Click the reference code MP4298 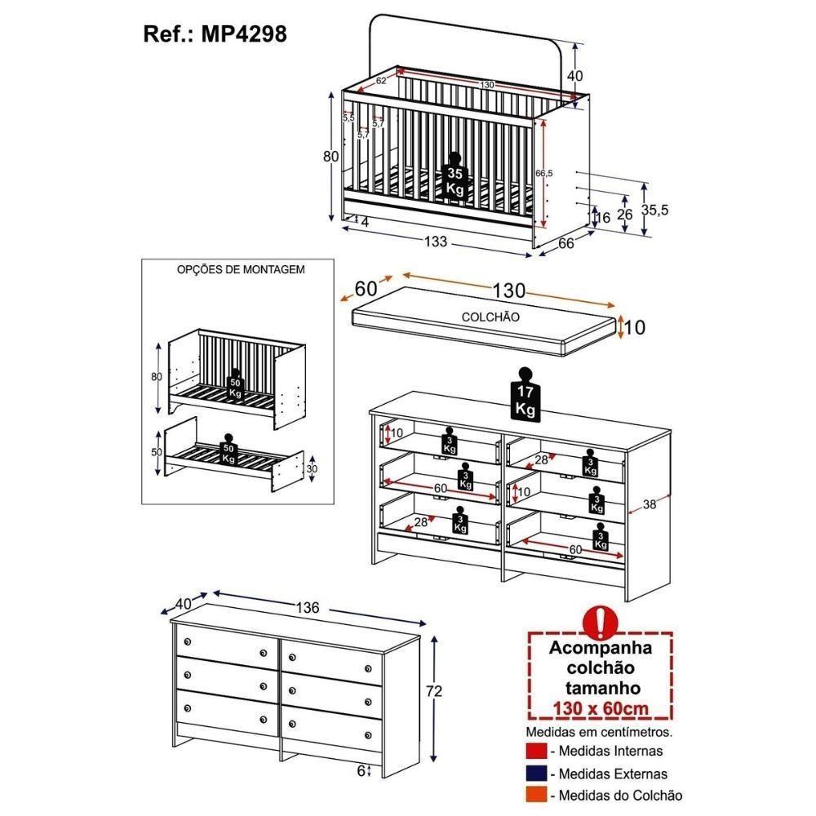[x=243, y=34]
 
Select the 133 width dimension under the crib [x=436, y=242]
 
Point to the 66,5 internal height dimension [x=544, y=173]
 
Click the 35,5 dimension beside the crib [x=654, y=211]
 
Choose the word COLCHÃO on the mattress [x=490, y=317]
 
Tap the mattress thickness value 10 [x=634, y=327]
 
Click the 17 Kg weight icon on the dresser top [x=525, y=394]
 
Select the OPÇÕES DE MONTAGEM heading [x=241, y=269]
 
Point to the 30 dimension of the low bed [x=311, y=468]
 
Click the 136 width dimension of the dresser [x=307, y=608]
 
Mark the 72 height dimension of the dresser [x=433, y=690]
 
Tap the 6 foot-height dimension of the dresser [x=361, y=771]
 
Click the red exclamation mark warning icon [x=601, y=622]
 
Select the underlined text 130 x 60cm [x=601, y=708]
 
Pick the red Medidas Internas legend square [x=536, y=751]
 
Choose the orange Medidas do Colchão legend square [x=536, y=795]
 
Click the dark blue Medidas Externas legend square [x=536, y=773]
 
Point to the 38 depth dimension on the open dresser [x=649, y=503]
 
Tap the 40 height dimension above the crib [x=575, y=75]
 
